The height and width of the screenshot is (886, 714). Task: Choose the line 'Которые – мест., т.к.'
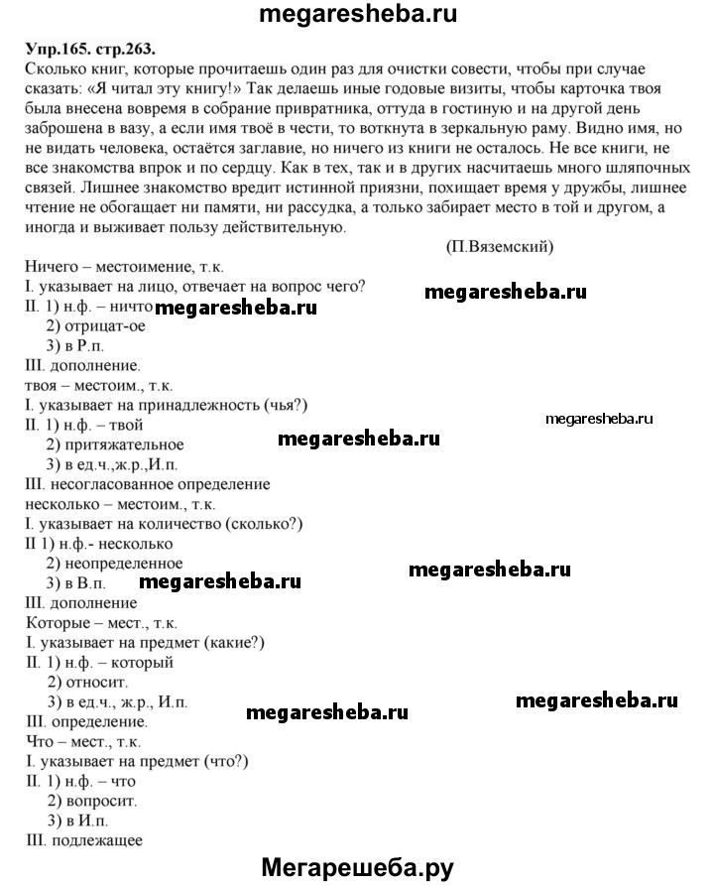tap(98, 621)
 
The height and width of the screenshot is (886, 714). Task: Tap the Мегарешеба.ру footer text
tap(357, 868)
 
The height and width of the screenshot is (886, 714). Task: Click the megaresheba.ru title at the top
tap(358, 15)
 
